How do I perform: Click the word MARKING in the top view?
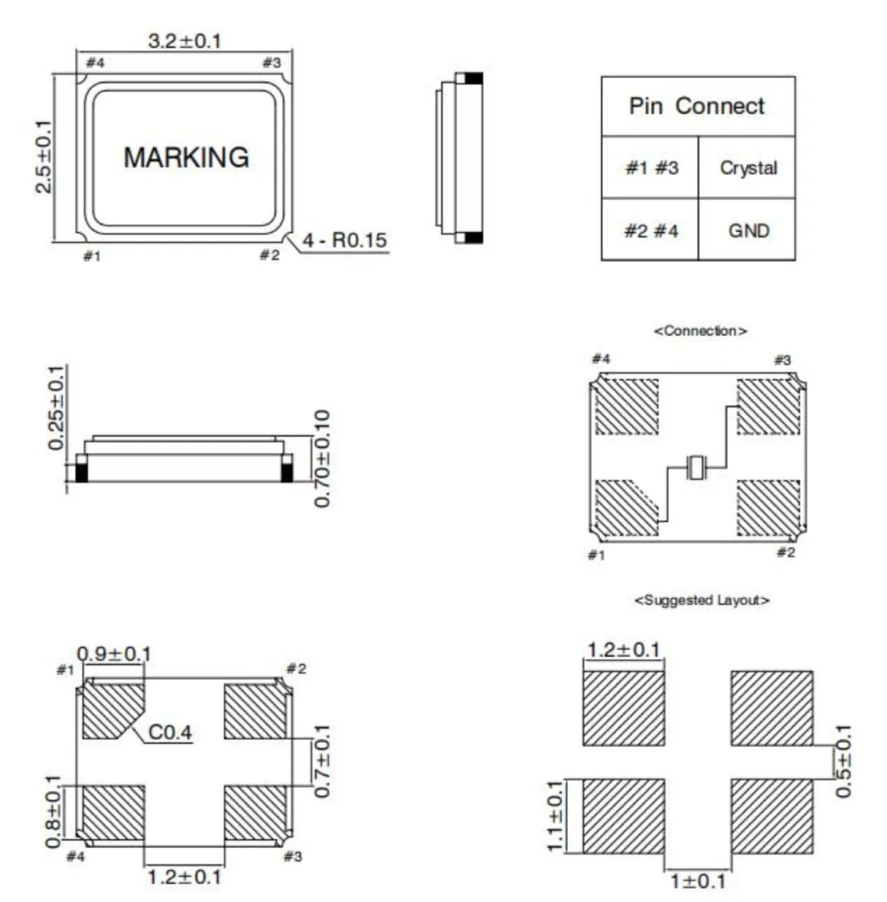point(186,158)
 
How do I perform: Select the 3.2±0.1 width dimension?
point(185,42)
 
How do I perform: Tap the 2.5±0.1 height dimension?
point(44,157)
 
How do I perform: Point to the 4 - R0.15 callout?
point(345,240)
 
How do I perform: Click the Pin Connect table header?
point(697,106)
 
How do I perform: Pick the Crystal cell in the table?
point(748,168)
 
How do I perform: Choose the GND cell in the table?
point(748,230)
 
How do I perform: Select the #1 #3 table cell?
point(652,168)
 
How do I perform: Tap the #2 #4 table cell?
point(651,230)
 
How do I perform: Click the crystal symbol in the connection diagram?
point(697,467)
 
